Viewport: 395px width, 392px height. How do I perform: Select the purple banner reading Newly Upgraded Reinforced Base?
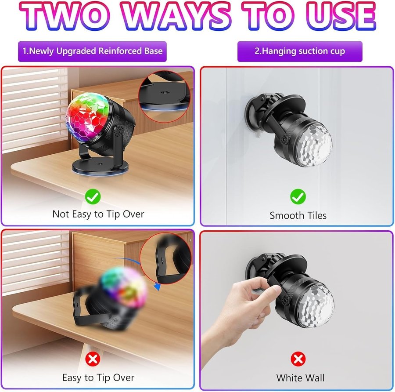tap(93, 51)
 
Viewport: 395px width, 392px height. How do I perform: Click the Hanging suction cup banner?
tap(300, 51)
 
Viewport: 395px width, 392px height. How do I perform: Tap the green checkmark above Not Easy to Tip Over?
tap(93, 196)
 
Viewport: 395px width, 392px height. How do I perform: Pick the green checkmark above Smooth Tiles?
tap(298, 196)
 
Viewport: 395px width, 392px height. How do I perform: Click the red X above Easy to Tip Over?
tap(93, 359)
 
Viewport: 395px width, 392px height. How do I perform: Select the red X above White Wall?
tap(298, 359)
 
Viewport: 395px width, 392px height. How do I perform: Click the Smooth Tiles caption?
tap(298, 215)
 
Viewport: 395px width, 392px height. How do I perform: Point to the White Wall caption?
tap(300, 378)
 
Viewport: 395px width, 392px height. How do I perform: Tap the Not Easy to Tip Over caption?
tap(98, 214)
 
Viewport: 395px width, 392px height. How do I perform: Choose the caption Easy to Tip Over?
tap(98, 377)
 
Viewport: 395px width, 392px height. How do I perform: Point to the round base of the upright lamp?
tap(100, 167)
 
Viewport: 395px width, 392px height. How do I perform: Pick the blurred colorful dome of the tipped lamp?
tap(124, 287)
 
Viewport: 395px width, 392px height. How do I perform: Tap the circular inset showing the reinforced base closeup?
tap(164, 97)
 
